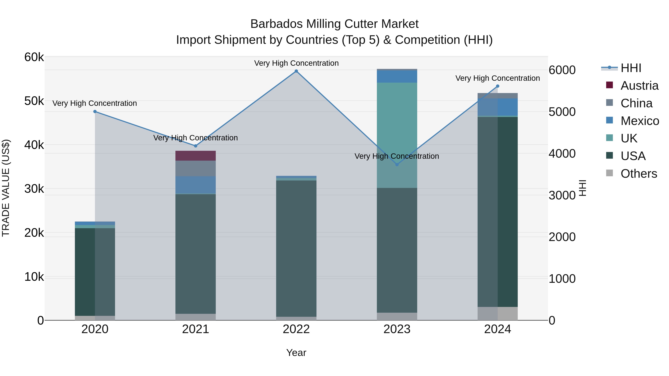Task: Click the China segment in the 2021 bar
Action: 195,168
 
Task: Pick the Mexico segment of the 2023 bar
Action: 397,76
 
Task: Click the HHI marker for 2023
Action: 397,165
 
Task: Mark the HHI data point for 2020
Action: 95,112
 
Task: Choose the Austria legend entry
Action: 639,86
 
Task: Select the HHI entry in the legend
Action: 631,68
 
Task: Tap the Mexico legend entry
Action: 640,121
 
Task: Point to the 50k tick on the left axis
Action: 34,101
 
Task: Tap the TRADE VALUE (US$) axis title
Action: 6,188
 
